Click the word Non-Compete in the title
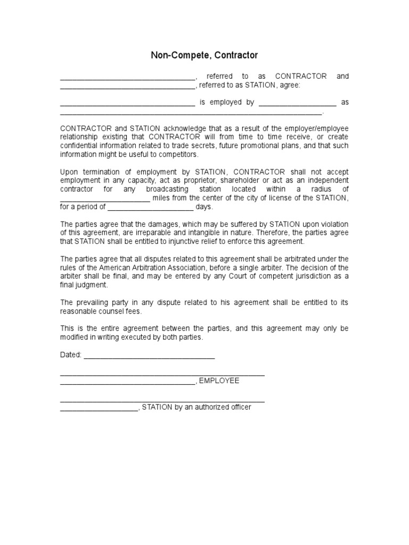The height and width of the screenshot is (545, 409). (172, 55)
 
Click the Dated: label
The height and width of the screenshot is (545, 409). (70, 355)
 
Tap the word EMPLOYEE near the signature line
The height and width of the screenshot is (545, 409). (219, 381)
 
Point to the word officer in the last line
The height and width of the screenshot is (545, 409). (239, 407)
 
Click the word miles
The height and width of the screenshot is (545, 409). (162, 199)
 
